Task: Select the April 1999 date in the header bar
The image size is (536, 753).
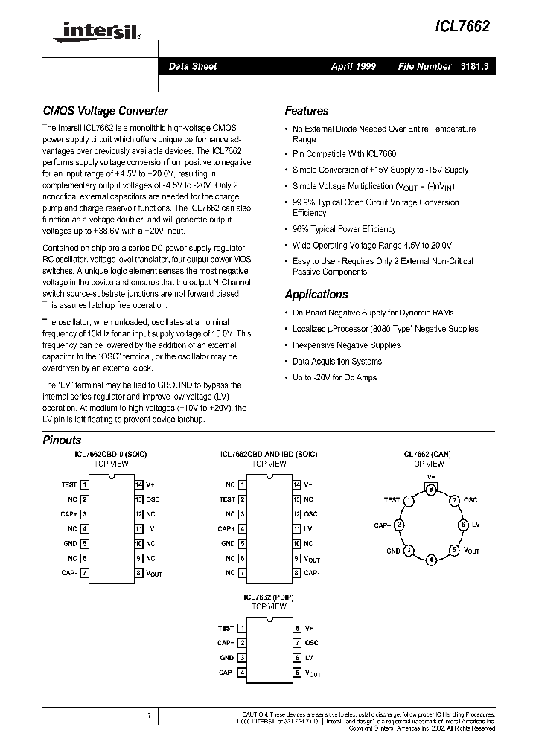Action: (353, 67)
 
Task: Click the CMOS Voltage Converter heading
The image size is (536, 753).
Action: (105, 111)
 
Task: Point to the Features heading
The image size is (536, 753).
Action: (306, 111)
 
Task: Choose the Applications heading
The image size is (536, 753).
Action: (316, 295)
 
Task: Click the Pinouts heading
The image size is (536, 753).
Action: (62, 440)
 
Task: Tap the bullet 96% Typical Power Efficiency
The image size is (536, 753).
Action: (344, 229)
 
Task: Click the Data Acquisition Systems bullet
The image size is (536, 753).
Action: (336, 362)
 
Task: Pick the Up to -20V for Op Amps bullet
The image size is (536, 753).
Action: (334, 378)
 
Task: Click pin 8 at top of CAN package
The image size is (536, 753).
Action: (431, 488)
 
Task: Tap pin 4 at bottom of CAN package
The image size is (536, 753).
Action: (431, 559)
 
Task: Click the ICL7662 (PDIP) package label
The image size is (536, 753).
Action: (268, 597)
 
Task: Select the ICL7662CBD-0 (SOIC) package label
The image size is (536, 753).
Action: (111, 453)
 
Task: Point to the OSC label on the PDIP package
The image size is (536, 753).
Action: (311, 643)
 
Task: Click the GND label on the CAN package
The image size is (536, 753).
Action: (393, 551)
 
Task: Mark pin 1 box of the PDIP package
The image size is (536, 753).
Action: (242, 629)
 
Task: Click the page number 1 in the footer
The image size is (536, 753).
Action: (149, 716)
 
